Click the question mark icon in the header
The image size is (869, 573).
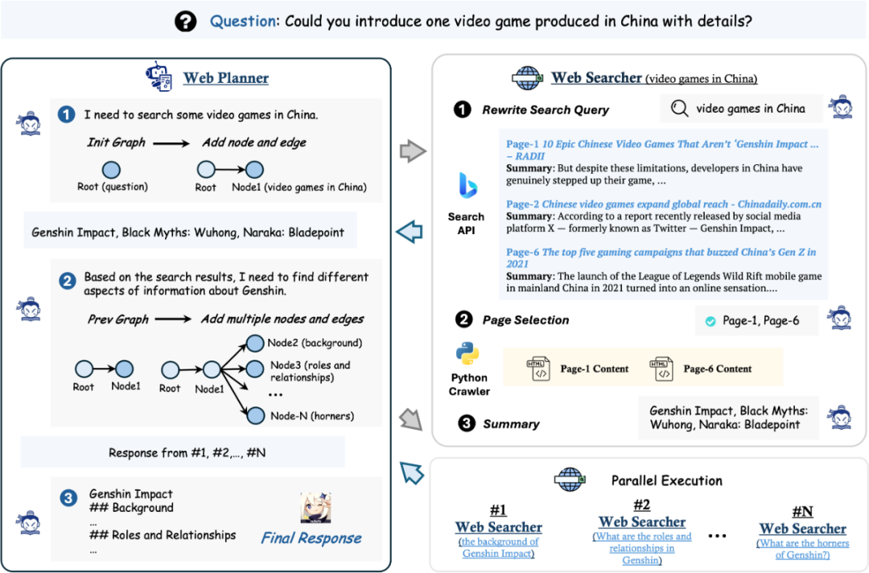click(x=186, y=21)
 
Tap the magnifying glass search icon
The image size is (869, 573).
click(x=680, y=108)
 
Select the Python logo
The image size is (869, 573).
click(x=468, y=354)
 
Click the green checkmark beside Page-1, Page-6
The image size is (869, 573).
click(x=710, y=321)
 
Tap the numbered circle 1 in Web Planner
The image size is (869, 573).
click(x=68, y=116)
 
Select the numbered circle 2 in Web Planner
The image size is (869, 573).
click(x=68, y=282)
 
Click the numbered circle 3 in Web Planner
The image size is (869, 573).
click(x=68, y=499)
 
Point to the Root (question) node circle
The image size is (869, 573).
click(x=111, y=170)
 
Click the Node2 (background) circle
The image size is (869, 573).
click(x=255, y=343)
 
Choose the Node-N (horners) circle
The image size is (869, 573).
click(x=255, y=415)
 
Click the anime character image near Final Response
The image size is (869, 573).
click(x=316, y=507)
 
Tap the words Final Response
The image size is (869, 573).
click(x=311, y=538)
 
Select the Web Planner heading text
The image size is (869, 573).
click(x=225, y=78)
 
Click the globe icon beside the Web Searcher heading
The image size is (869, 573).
click(x=527, y=78)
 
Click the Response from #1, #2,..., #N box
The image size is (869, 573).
click(x=182, y=453)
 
